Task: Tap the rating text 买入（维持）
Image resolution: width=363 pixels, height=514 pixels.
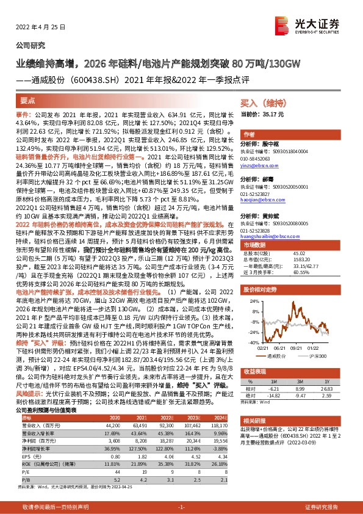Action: click(261, 104)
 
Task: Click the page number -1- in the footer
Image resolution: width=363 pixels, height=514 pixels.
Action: click(181, 507)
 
